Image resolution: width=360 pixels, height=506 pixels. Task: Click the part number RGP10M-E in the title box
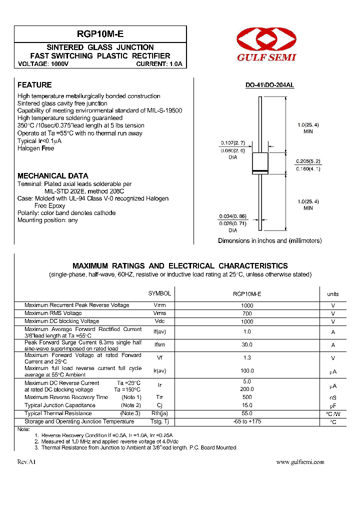tap(100, 34)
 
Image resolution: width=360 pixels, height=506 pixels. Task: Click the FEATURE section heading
tap(34, 85)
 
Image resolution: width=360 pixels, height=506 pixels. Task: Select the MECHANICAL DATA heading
tap(53, 176)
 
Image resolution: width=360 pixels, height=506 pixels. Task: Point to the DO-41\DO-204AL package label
tap(269, 85)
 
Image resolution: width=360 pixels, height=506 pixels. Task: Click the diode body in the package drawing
tap(260, 162)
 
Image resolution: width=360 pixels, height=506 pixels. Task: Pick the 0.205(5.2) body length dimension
tap(308, 161)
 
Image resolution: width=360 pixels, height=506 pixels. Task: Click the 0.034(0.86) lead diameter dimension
tap(232, 216)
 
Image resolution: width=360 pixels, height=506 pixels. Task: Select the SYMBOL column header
tap(159, 294)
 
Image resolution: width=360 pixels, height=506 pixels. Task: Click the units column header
tap(332, 294)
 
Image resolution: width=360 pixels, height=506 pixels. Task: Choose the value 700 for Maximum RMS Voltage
tap(247, 313)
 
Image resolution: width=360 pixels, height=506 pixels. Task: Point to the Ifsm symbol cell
tap(159, 345)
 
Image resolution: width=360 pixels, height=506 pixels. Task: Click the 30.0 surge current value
tap(247, 345)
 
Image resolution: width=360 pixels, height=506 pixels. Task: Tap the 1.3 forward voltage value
tap(247, 358)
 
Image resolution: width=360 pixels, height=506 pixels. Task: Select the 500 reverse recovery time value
tap(247, 397)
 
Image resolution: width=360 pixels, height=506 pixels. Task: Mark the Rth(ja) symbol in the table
tap(159, 413)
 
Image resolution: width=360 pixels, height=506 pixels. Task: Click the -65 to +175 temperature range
tap(247, 421)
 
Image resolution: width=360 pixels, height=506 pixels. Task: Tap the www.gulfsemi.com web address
tap(300, 462)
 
